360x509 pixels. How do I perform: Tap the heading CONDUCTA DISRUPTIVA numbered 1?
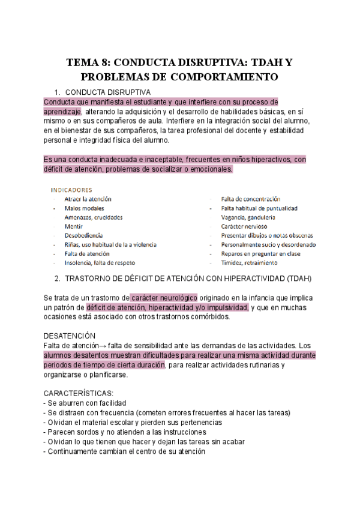[x=107, y=92]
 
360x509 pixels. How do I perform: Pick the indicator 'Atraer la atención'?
[x=88, y=199]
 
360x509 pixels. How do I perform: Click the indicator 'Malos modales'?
[x=84, y=208]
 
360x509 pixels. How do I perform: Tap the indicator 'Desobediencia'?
[x=83, y=235]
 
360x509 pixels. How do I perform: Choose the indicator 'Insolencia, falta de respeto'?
[x=100, y=262]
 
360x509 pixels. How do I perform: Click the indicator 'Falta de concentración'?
[x=250, y=199]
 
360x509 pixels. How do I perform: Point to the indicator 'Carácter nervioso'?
[x=246, y=226]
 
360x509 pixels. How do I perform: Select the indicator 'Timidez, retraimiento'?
[x=249, y=262]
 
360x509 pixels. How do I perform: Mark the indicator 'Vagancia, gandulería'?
[x=248, y=217]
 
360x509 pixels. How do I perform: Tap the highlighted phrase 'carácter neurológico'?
[x=163, y=297]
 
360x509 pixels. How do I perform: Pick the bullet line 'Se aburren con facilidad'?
[x=85, y=403]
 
